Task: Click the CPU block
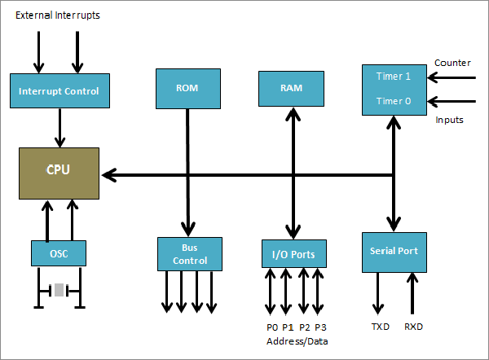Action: [x=59, y=173]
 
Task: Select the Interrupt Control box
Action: [x=59, y=91]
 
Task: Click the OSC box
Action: [x=59, y=253]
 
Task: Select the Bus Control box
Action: [x=189, y=253]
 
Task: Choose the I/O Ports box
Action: [x=293, y=254]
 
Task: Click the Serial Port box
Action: [x=394, y=251]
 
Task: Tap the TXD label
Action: [x=380, y=326]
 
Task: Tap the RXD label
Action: [x=414, y=326]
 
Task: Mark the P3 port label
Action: [x=320, y=327]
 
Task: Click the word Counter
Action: [x=452, y=63]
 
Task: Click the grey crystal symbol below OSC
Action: [x=59, y=289]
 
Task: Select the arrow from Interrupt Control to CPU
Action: [x=59, y=127]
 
